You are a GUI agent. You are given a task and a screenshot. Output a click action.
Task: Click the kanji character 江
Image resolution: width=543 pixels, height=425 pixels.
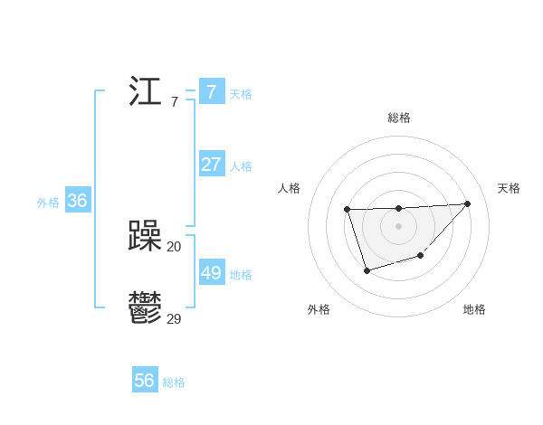tap(145, 92)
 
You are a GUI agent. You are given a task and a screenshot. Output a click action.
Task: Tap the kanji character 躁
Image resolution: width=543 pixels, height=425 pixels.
tap(145, 237)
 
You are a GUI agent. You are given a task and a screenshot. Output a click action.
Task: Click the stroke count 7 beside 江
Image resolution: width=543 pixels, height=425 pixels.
tap(174, 101)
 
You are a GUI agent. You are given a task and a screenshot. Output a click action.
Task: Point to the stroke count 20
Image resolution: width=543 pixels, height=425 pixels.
tap(174, 246)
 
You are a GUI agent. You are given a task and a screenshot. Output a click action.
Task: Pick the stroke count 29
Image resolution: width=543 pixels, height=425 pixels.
tap(174, 318)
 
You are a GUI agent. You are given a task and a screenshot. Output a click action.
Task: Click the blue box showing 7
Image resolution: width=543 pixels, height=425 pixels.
tap(211, 92)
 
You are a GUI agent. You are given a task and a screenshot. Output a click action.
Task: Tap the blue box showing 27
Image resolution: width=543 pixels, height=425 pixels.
tap(211, 165)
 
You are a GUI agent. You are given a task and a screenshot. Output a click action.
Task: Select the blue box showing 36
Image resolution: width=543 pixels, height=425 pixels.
tap(77, 201)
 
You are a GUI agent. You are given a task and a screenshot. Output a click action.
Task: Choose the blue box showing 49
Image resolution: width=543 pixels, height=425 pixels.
tap(211, 273)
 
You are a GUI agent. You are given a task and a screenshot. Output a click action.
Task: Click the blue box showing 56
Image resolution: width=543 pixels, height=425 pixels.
tap(144, 381)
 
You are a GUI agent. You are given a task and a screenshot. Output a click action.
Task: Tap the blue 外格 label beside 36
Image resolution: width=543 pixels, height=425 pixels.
tap(48, 203)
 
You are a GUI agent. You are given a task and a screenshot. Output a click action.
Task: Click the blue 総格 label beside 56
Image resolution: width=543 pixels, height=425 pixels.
tap(174, 382)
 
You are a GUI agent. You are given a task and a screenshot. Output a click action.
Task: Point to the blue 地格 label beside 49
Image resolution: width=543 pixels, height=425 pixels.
tap(241, 275)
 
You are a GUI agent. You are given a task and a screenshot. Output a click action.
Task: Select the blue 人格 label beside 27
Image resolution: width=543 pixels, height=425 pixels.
tap(241, 166)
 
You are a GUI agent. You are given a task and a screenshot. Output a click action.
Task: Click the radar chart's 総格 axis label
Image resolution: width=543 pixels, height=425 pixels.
tap(398, 118)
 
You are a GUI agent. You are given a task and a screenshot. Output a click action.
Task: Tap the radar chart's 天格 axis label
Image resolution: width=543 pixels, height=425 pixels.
tap(509, 188)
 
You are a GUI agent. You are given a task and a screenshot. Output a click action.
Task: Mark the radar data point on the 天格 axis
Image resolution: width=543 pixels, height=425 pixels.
tap(467, 203)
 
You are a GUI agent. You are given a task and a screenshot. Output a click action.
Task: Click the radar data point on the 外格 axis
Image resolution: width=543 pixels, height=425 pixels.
tap(367, 270)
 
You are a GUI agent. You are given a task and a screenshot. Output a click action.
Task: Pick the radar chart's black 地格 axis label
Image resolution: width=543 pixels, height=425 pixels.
tap(474, 309)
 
